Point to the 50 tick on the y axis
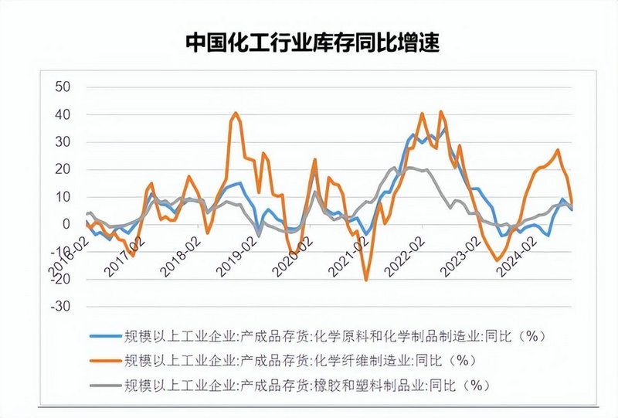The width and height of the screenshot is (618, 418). tap(61, 87)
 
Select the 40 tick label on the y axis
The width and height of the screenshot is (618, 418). tap(61, 114)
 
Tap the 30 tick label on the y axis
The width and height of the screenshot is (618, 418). tap(61, 141)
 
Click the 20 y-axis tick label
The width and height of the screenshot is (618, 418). tap(61, 169)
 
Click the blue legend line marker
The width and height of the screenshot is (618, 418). tap(105, 335)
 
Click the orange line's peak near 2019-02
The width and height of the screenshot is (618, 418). tap(236, 113)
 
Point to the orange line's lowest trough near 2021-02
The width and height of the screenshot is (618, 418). tap(366, 280)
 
